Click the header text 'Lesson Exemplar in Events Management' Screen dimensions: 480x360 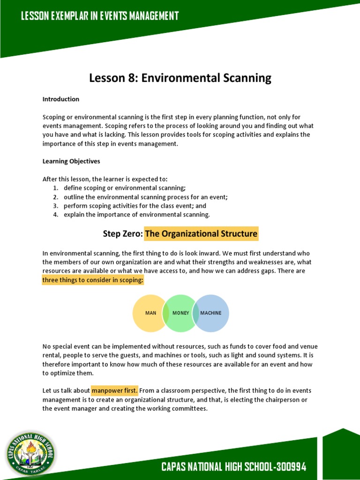[100, 16]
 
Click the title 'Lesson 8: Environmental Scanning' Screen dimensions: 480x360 [180, 78]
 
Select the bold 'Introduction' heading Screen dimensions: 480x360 [61, 99]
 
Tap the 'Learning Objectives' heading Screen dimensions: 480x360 [71, 161]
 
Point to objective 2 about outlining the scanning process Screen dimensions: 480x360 [145, 197]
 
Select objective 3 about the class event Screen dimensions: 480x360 [135, 206]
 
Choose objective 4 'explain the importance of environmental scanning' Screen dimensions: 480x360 [136, 215]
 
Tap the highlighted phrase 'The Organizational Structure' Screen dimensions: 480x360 [201, 233]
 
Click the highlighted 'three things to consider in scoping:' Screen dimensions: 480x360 [93, 280]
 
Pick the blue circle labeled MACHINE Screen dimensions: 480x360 [212, 313]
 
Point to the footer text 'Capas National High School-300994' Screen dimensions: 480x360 [233, 467]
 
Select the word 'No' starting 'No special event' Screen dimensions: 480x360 [46, 347]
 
